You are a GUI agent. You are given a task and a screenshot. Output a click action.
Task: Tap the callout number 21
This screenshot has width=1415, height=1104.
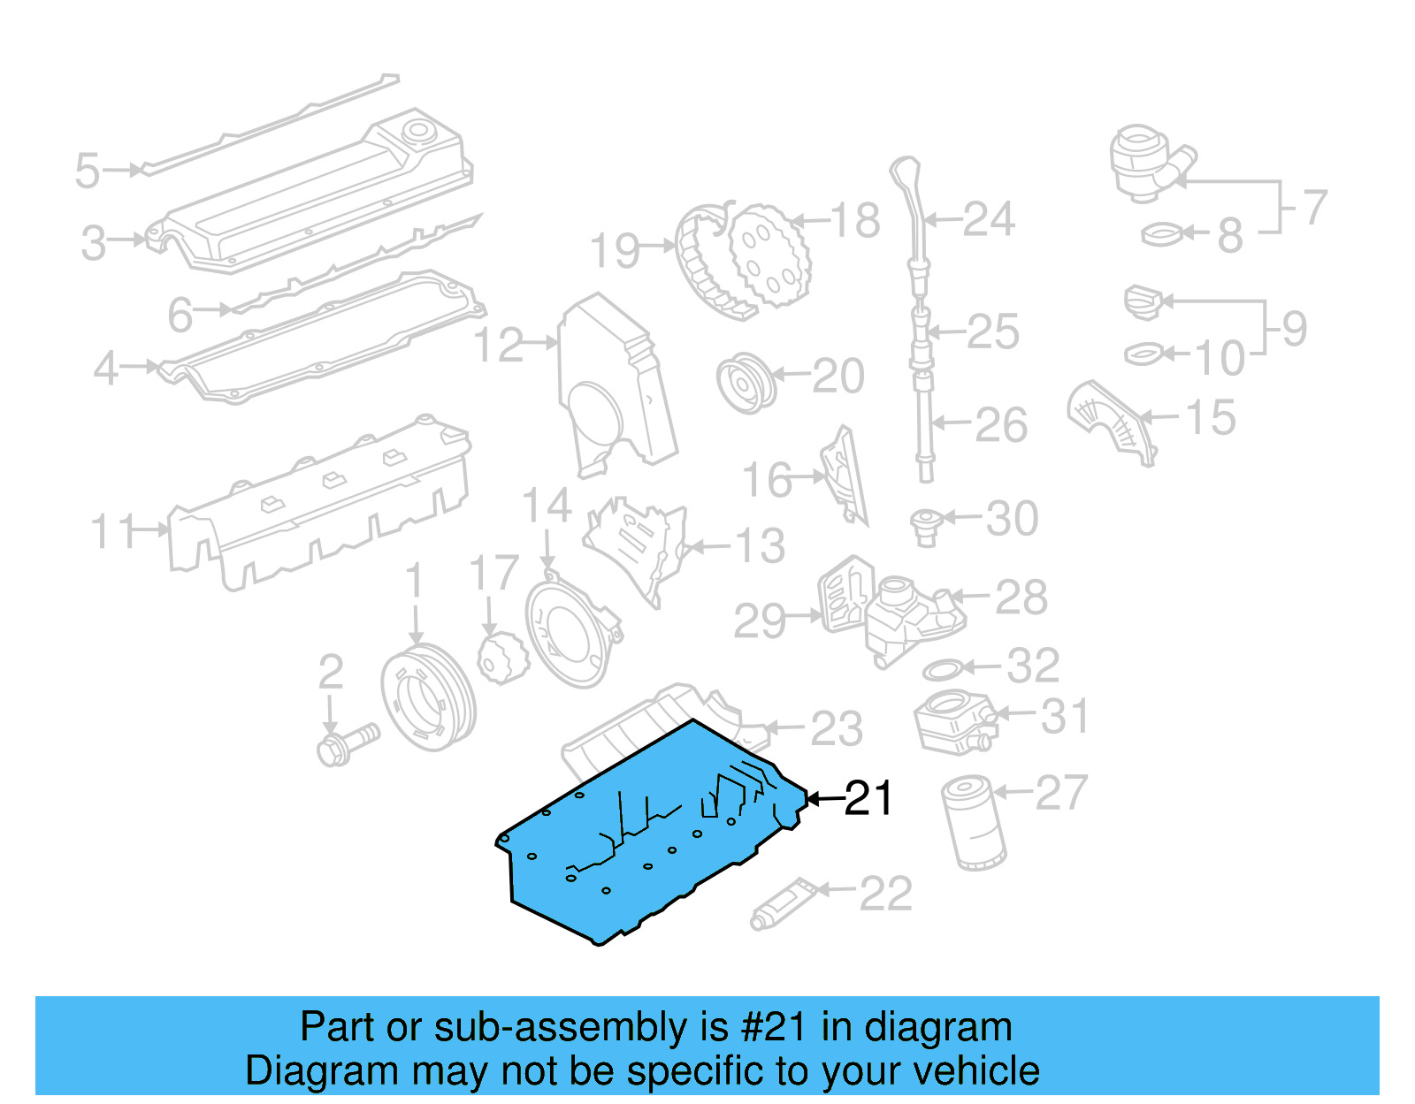(868, 798)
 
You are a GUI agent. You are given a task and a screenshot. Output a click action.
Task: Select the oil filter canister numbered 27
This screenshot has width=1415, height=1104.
(974, 823)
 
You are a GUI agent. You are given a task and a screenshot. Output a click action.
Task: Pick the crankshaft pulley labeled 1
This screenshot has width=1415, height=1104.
(428, 698)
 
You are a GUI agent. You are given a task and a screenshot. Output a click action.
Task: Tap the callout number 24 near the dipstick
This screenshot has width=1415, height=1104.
(988, 219)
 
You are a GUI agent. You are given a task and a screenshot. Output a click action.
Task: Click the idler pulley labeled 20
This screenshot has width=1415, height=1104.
(746, 384)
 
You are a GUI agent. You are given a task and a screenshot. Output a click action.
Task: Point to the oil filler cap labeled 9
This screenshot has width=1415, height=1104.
(1142, 301)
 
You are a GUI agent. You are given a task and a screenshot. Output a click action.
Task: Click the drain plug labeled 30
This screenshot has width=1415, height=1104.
(925, 526)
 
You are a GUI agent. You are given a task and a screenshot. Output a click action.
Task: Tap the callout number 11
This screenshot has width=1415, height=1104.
(115, 531)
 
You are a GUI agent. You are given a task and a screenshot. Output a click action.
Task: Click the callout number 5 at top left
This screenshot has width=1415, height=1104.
(87, 171)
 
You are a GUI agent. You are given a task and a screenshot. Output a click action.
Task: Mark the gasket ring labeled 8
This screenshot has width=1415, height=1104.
(1160, 234)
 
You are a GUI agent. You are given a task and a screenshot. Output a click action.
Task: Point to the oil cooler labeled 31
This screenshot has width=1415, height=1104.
(953, 720)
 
